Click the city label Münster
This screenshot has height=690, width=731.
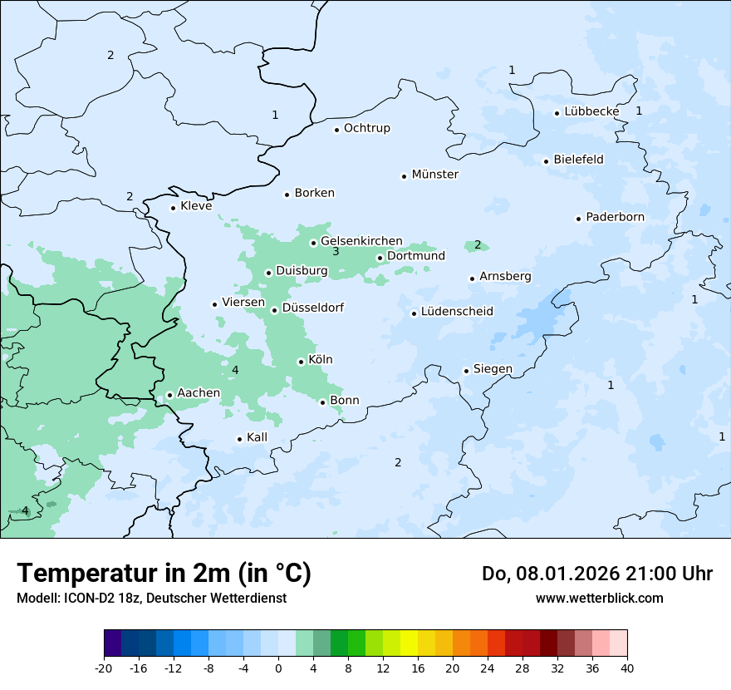pyautogui.click(x=434, y=175)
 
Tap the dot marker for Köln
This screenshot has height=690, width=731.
pyautogui.click(x=301, y=362)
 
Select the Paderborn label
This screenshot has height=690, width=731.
pyautogui.click(x=615, y=218)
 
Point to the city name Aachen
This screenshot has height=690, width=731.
pyautogui.click(x=199, y=393)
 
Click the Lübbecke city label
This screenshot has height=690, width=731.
pyautogui.click(x=591, y=111)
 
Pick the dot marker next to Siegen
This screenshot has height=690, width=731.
pyautogui.click(x=467, y=371)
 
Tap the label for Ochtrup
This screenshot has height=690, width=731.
pyautogui.click(x=366, y=128)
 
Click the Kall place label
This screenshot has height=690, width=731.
pyautogui.click(x=257, y=437)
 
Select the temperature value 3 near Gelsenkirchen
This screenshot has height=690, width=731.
pyautogui.click(x=336, y=252)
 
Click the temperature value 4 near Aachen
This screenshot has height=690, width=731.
pyautogui.click(x=235, y=370)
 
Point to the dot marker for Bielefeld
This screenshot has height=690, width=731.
pyautogui.click(x=547, y=161)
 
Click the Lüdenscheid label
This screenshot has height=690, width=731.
pyautogui.click(x=457, y=312)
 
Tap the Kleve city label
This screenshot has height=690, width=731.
pyautogui.click(x=196, y=206)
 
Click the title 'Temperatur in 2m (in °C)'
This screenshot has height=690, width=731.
pyautogui.click(x=164, y=574)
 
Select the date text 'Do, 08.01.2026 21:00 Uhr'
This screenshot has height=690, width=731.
pyautogui.click(x=596, y=574)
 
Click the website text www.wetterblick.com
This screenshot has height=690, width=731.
pyautogui.click(x=599, y=598)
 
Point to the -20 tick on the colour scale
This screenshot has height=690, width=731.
pyautogui.click(x=104, y=668)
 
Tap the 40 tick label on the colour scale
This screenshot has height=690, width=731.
pyautogui.click(x=627, y=668)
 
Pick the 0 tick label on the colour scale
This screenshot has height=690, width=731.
pyautogui.click(x=278, y=668)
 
